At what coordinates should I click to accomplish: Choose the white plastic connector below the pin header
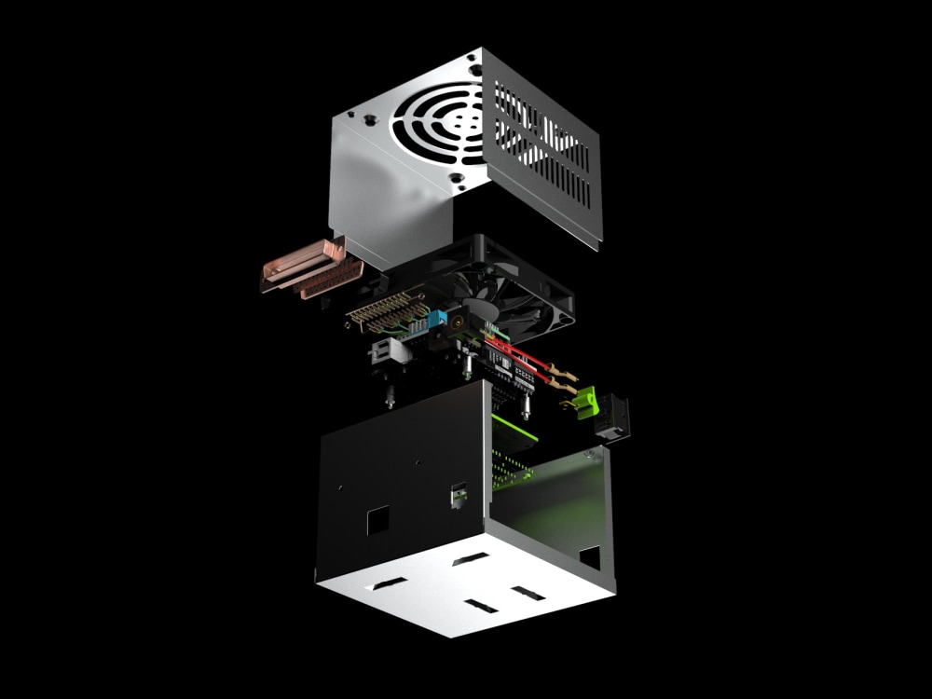tap(385, 351)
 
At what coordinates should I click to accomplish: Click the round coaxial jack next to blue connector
tap(459, 325)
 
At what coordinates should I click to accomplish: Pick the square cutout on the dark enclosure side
tap(378, 519)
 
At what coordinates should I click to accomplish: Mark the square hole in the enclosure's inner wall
tap(589, 558)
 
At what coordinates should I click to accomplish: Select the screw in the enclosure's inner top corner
tap(589, 454)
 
